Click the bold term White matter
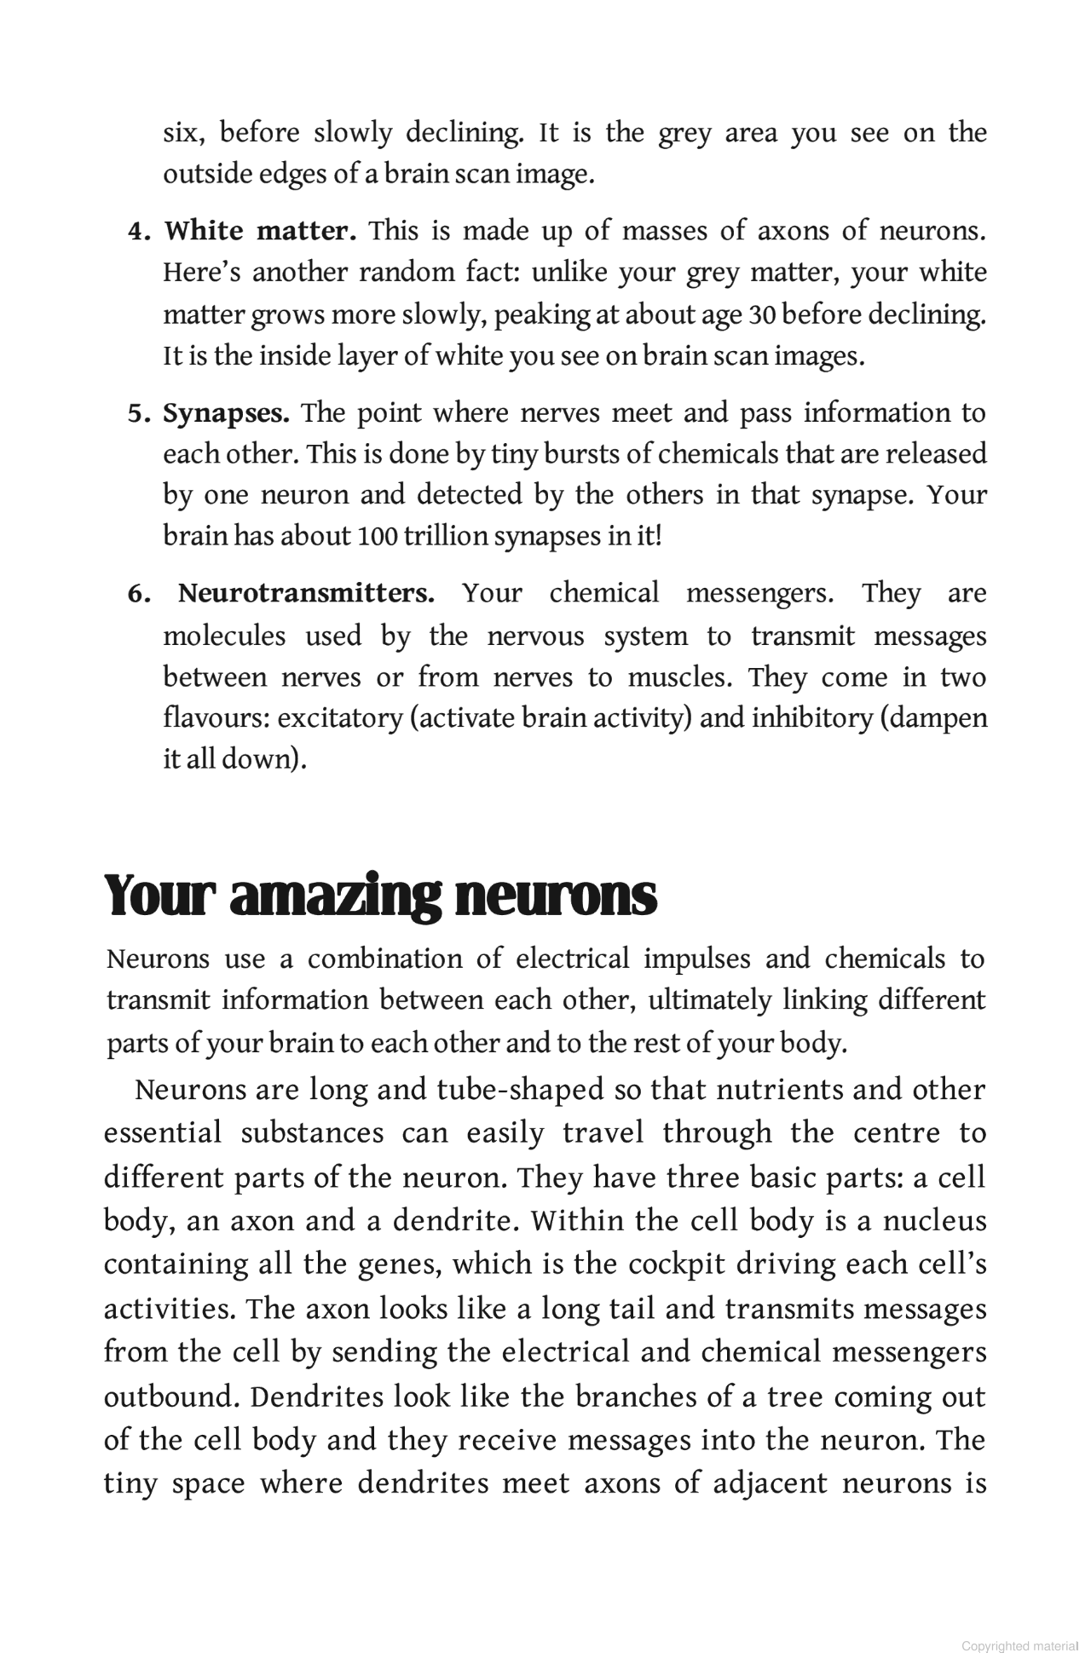[x=260, y=231]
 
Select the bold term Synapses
[x=226, y=413]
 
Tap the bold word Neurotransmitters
[x=306, y=593]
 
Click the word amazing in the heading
[x=337, y=896]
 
